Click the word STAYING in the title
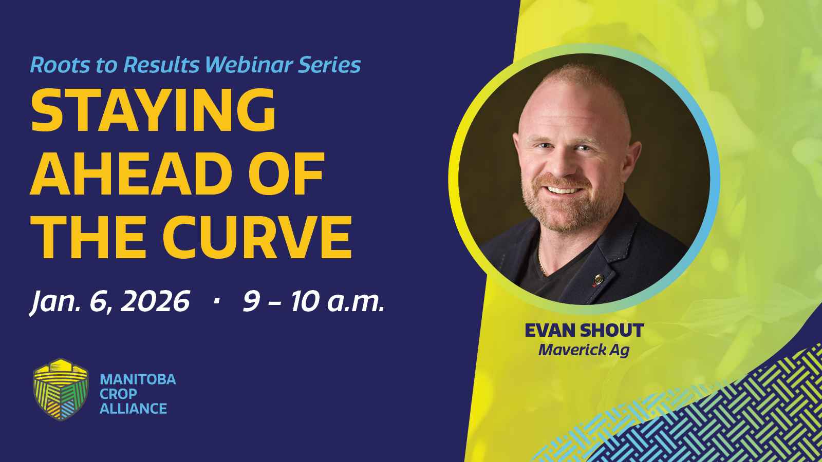click(154, 110)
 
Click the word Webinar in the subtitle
click(249, 65)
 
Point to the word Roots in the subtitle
click(60, 65)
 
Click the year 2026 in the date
click(155, 301)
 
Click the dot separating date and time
click(216, 301)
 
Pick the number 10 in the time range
click(304, 301)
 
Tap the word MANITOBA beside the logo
click(138, 379)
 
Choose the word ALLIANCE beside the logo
click(134, 409)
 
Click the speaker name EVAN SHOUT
click(584, 331)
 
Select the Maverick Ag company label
click(584, 350)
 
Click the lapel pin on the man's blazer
click(599, 280)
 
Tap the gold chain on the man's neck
click(541, 260)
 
